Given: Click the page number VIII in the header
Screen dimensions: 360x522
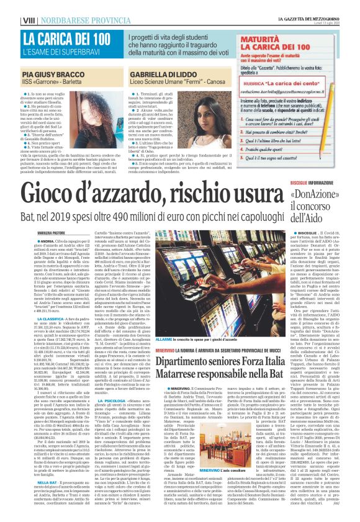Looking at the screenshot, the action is [x=11, y=6].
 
